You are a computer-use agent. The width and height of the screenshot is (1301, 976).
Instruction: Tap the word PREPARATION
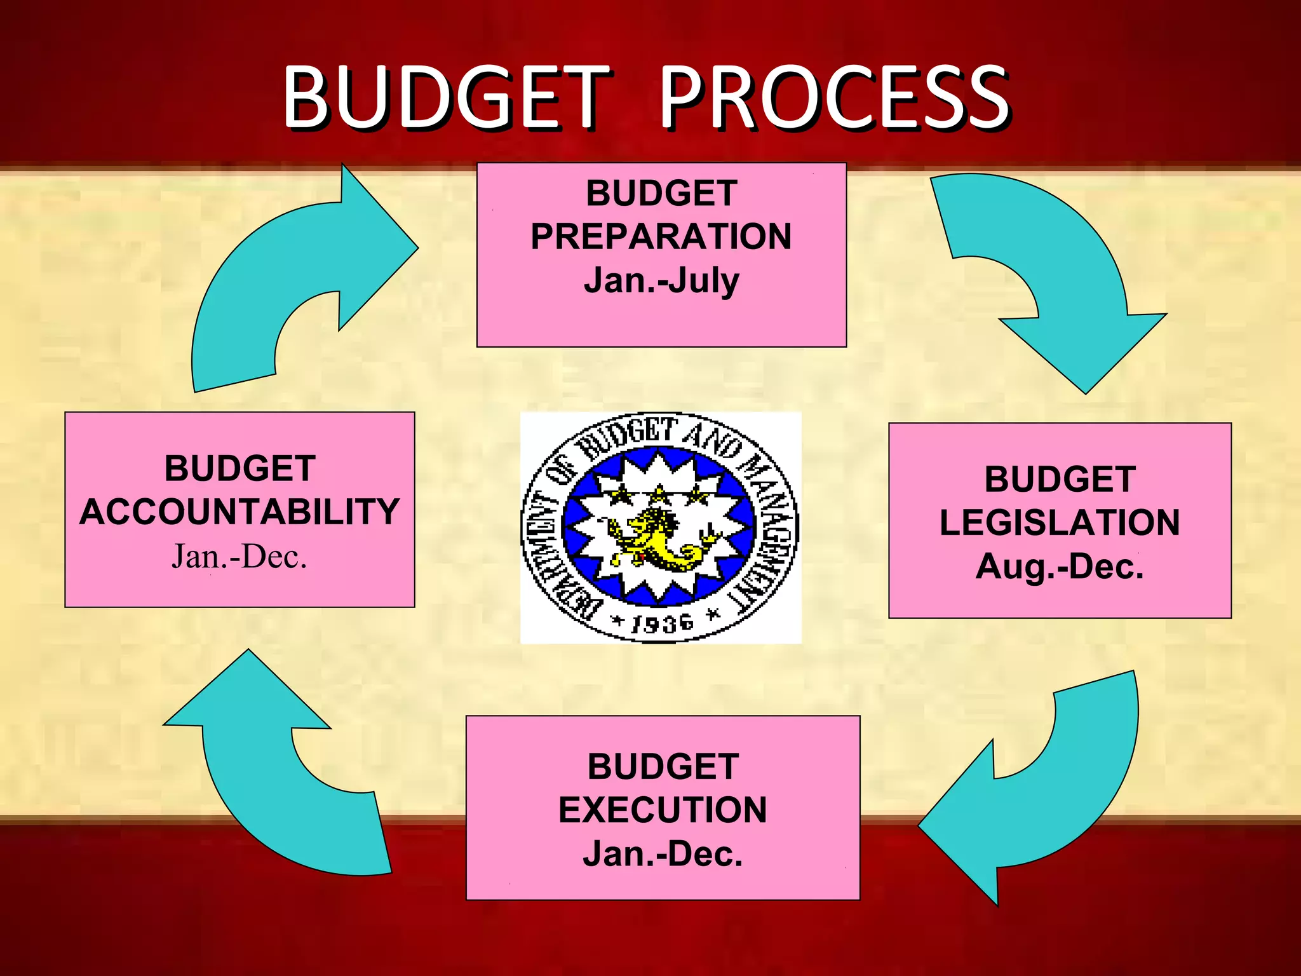661,236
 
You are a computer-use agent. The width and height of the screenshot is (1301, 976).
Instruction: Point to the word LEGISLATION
1060,522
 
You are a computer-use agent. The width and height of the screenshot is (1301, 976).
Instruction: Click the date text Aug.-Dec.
1060,566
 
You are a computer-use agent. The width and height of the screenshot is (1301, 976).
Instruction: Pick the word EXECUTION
663,810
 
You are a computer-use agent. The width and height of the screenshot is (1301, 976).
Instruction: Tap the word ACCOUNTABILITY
239,512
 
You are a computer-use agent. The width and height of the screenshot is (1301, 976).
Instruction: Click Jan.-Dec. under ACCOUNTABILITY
239,557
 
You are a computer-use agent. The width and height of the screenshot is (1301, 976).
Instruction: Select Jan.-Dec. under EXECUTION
663,853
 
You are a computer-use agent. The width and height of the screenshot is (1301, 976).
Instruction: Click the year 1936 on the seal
661,623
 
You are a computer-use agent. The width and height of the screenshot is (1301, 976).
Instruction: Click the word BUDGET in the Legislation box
1060,479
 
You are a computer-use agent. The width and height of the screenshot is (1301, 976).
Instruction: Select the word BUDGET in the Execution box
663,766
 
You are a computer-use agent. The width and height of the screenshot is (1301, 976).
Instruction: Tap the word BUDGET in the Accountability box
239,468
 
